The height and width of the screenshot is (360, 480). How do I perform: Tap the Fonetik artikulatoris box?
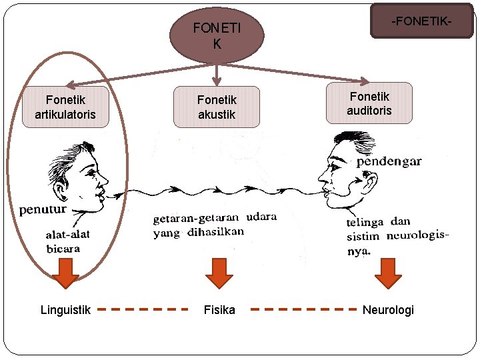(65, 107)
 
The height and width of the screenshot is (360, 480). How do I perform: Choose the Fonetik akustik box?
(217, 107)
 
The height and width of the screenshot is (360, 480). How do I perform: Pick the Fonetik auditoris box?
(369, 103)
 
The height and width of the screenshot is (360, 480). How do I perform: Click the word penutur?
(43, 210)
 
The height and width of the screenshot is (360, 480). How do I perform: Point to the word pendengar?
(389, 161)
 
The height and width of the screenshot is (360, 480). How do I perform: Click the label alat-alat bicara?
(67, 241)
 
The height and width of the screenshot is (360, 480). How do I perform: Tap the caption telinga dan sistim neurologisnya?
(397, 236)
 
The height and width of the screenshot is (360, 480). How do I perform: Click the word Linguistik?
(65, 310)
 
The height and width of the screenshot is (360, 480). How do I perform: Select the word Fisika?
(219, 310)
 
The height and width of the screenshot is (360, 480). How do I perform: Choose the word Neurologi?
(388, 310)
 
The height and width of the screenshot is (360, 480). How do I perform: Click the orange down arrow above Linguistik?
(65, 273)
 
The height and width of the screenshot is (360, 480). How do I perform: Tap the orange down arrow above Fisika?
(219, 273)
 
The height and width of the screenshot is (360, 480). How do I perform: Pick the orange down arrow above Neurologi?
(388, 273)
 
